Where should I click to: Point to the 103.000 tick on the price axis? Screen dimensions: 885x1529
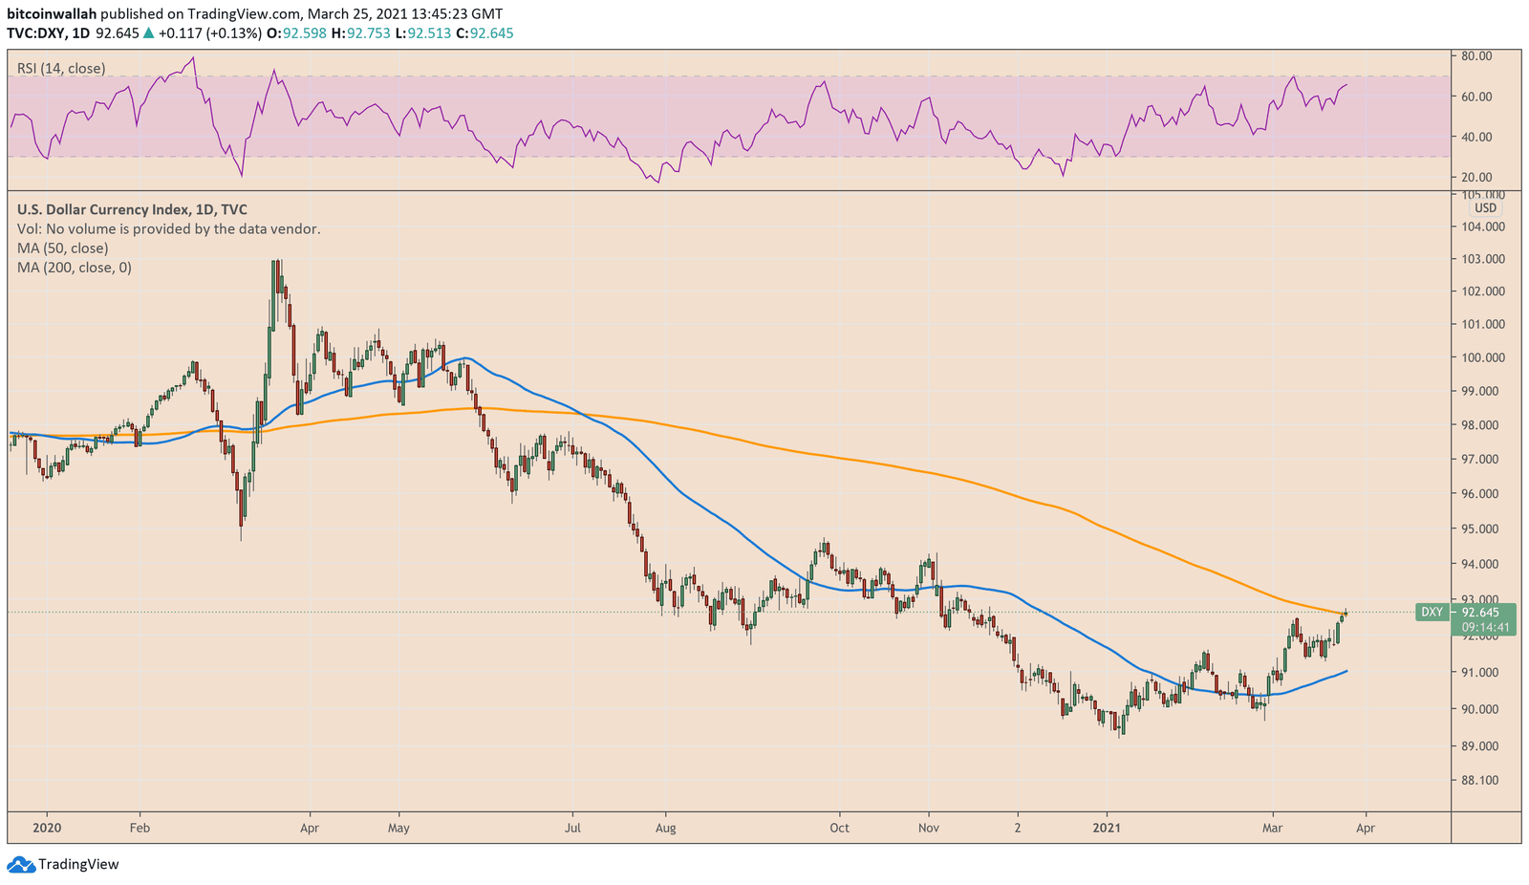tap(1483, 259)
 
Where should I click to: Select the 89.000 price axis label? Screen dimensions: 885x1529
tap(1483, 745)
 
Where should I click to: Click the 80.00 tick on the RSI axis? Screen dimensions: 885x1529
tap(1477, 55)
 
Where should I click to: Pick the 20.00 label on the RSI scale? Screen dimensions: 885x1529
tap(1477, 177)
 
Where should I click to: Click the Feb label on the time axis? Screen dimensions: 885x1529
tap(140, 828)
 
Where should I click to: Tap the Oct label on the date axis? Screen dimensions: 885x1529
tap(839, 828)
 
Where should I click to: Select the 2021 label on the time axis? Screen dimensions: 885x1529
tap(1107, 828)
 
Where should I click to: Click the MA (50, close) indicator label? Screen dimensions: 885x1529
tap(62, 248)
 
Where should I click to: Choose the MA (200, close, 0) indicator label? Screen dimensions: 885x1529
tap(75, 268)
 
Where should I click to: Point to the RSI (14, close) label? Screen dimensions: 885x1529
tap(61, 69)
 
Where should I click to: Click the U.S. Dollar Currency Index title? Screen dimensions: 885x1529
tap(132, 209)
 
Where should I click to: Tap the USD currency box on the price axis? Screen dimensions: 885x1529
tap(1485, 207)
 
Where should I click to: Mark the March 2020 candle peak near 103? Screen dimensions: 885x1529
tap(276, 262)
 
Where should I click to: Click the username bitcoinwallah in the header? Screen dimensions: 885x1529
tap(53, 14)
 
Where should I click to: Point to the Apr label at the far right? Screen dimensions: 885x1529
tap(1365, 828)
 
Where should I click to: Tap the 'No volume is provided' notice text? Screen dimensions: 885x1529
tap(168, 229)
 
